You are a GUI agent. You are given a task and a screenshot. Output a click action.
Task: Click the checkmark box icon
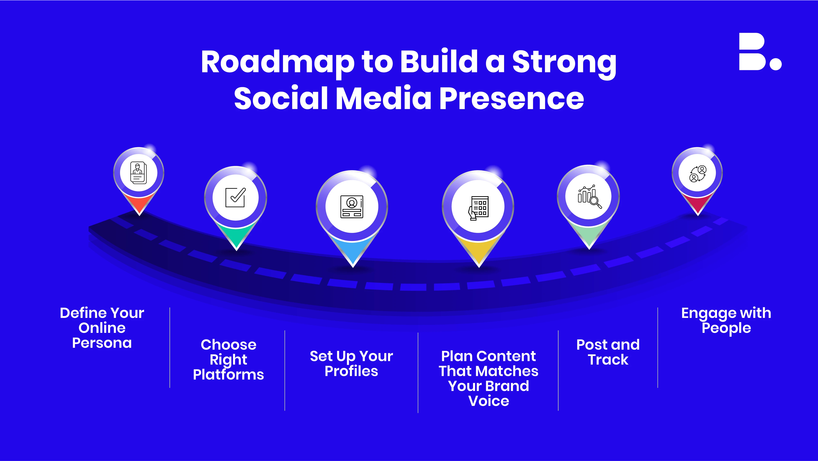click(x=235, y=197)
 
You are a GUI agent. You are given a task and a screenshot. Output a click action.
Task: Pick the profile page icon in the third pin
click(x=352, y=207)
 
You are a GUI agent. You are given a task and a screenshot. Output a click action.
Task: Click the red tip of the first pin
click(x=139, y=203)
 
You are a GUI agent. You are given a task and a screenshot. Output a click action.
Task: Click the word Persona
click(x=102, y=343)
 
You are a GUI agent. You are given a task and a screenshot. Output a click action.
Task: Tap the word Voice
click(x=489, y=401)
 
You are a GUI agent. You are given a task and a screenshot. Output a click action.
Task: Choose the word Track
click(x=608, y=360)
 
